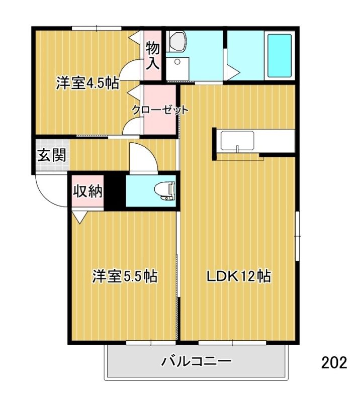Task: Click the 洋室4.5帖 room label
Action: click(87, 83)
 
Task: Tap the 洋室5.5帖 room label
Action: click(125, 276)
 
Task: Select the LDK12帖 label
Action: click(239, 276)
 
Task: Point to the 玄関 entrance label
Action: click(52, 155)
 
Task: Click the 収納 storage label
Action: click(88, 191)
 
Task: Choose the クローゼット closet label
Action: click(160, 110)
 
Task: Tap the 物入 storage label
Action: click(153, 56)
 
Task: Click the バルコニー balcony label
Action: click(196, 361)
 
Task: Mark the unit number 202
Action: click(334, 362)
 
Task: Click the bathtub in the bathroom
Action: click(280, 55)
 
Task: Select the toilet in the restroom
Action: click(164, 191)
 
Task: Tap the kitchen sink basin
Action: click(237, 141)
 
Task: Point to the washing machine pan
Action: click(177, 69)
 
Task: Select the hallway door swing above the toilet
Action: click(143, 157)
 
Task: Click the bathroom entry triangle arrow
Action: click(233, 72)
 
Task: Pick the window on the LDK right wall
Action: click(297, 236)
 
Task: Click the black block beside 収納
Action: click(115, 191)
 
